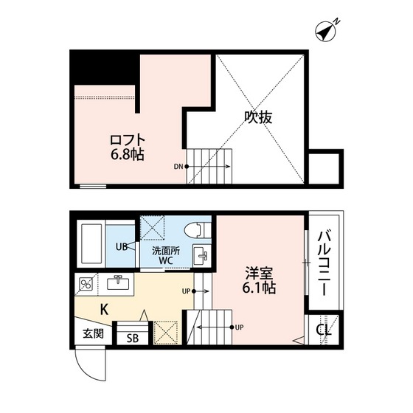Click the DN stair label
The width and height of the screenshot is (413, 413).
pos(178,166)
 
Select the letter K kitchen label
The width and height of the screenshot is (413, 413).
pos(105,310)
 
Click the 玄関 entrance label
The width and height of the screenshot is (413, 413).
pos(93,333)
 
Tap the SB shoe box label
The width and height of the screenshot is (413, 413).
pos(132,338)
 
